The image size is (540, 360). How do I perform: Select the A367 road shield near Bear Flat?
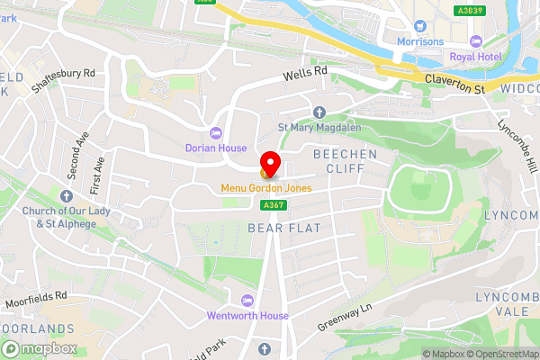[x=274, y=206]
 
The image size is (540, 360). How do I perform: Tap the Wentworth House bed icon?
[x=247, y=300]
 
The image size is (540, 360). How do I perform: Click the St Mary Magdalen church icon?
[x=319, y=112]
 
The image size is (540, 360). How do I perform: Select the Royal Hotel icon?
[x=476, y=41]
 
